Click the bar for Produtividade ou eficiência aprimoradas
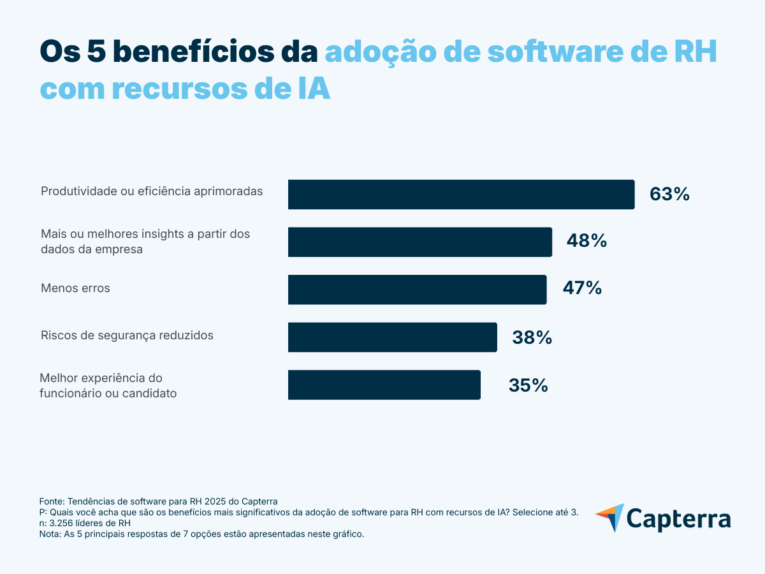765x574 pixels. [461, 195]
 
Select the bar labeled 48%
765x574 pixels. [419, 242]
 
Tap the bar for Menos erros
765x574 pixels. [417, 290]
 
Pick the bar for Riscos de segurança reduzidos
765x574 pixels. [392, 337]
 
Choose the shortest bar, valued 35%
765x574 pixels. [384, 385]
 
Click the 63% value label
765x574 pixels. [669, 195]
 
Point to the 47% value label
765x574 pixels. [582, 288]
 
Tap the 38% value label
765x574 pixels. [532, 337]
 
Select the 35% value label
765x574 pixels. [528, 385]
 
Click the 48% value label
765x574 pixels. [586, 241]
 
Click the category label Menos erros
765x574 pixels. [75, 288]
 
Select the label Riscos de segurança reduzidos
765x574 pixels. [127, 335]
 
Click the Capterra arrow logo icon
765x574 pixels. [610, 517]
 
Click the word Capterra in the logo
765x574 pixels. [678, 518]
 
